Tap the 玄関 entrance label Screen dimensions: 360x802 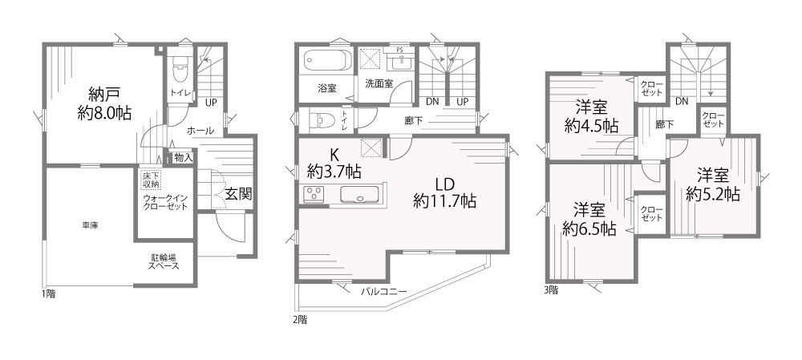[x=239, y=193]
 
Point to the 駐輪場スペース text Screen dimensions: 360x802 [x=164, y=262]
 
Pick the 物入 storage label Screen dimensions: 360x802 [x=183, y=158]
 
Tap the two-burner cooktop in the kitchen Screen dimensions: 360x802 [x=314, y=195]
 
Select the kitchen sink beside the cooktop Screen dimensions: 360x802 [x=361, y=195]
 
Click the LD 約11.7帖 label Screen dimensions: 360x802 [x=444, y=192]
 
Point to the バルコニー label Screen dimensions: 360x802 [x=384, y=291]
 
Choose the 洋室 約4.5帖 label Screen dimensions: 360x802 [x=590, y=116]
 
